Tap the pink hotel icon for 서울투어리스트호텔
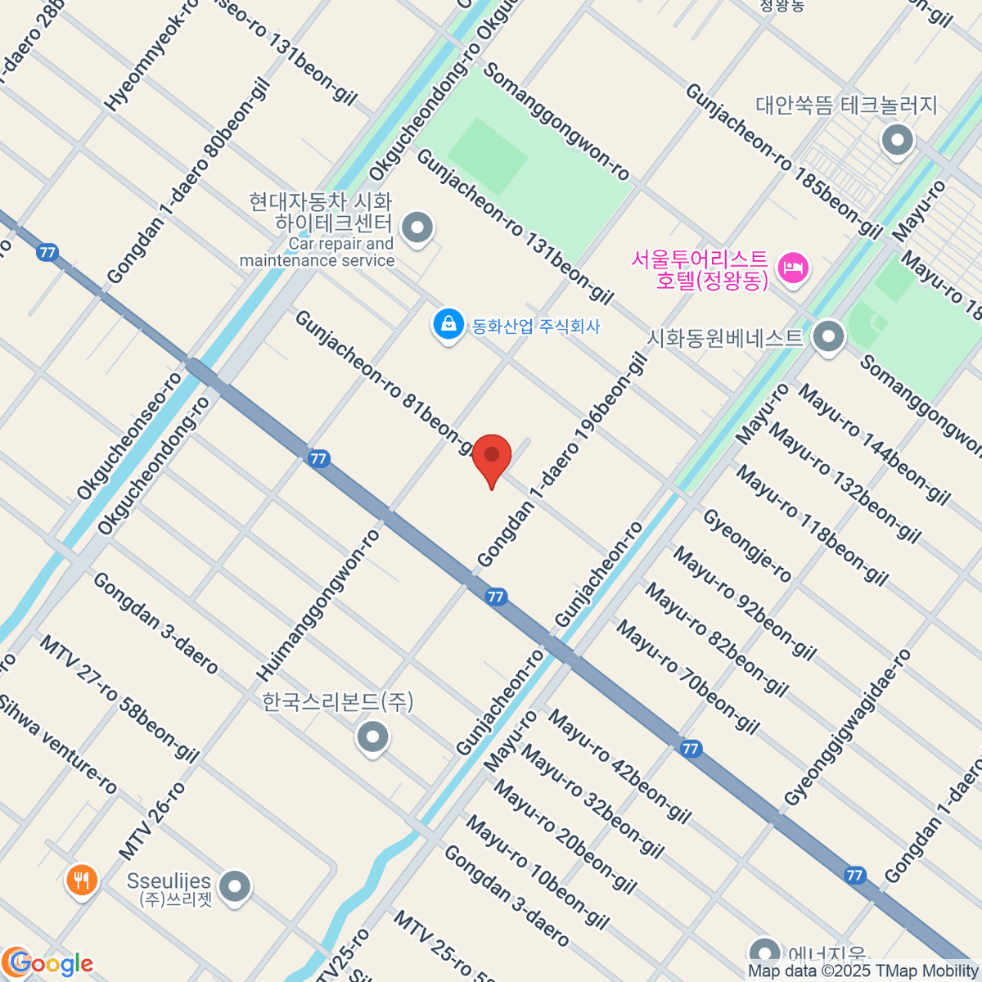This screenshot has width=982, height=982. click(x=793, y=267)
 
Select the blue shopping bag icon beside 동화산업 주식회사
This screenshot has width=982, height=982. click(x=448, y=324)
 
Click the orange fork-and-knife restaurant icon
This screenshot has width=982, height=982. click(x=80, y=881)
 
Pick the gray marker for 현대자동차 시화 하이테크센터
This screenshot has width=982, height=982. click(x=418, y=227)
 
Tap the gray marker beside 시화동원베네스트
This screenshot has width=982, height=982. click(x=829, y=336)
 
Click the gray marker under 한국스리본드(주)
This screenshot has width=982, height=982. click(x=373, y=737)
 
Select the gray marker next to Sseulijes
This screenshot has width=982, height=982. click(x=236, y=886)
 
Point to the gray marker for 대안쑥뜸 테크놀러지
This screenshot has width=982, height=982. click(x=897, y=141)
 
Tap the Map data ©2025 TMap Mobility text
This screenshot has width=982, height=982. click(x=863, y=971)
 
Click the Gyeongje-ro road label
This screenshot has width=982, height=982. click(x=747, y=546)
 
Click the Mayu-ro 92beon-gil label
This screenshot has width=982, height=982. click(x=744, y=603)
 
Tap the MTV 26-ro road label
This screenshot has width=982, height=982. click(x=152, y=821)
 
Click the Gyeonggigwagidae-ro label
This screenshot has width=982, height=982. click(x=847, y=727)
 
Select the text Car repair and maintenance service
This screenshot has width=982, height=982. click(x=318, y=252)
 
